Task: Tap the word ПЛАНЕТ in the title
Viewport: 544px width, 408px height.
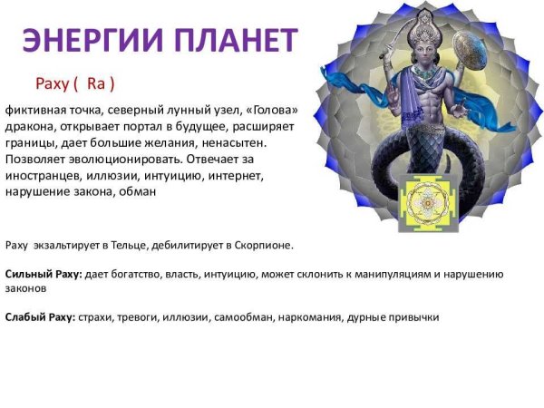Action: (x=235, y=40)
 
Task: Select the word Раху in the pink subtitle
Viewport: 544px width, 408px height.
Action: (x=54, y=84)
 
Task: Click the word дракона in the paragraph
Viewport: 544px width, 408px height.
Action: (x=28, y=128)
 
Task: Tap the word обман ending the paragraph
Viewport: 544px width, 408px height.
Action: (x=139, y=192)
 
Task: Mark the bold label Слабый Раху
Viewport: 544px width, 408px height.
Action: (x=40, y=317)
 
